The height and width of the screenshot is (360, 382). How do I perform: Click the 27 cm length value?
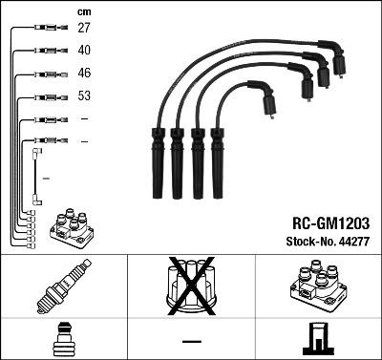(84, 29)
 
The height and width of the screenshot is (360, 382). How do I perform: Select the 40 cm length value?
(84, 50)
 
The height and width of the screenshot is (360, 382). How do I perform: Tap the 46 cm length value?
(84, 73)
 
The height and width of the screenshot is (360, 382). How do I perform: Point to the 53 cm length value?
(84, 96)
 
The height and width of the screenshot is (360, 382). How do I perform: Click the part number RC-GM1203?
(324, 221)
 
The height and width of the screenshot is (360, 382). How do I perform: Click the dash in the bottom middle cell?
(191, 341)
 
